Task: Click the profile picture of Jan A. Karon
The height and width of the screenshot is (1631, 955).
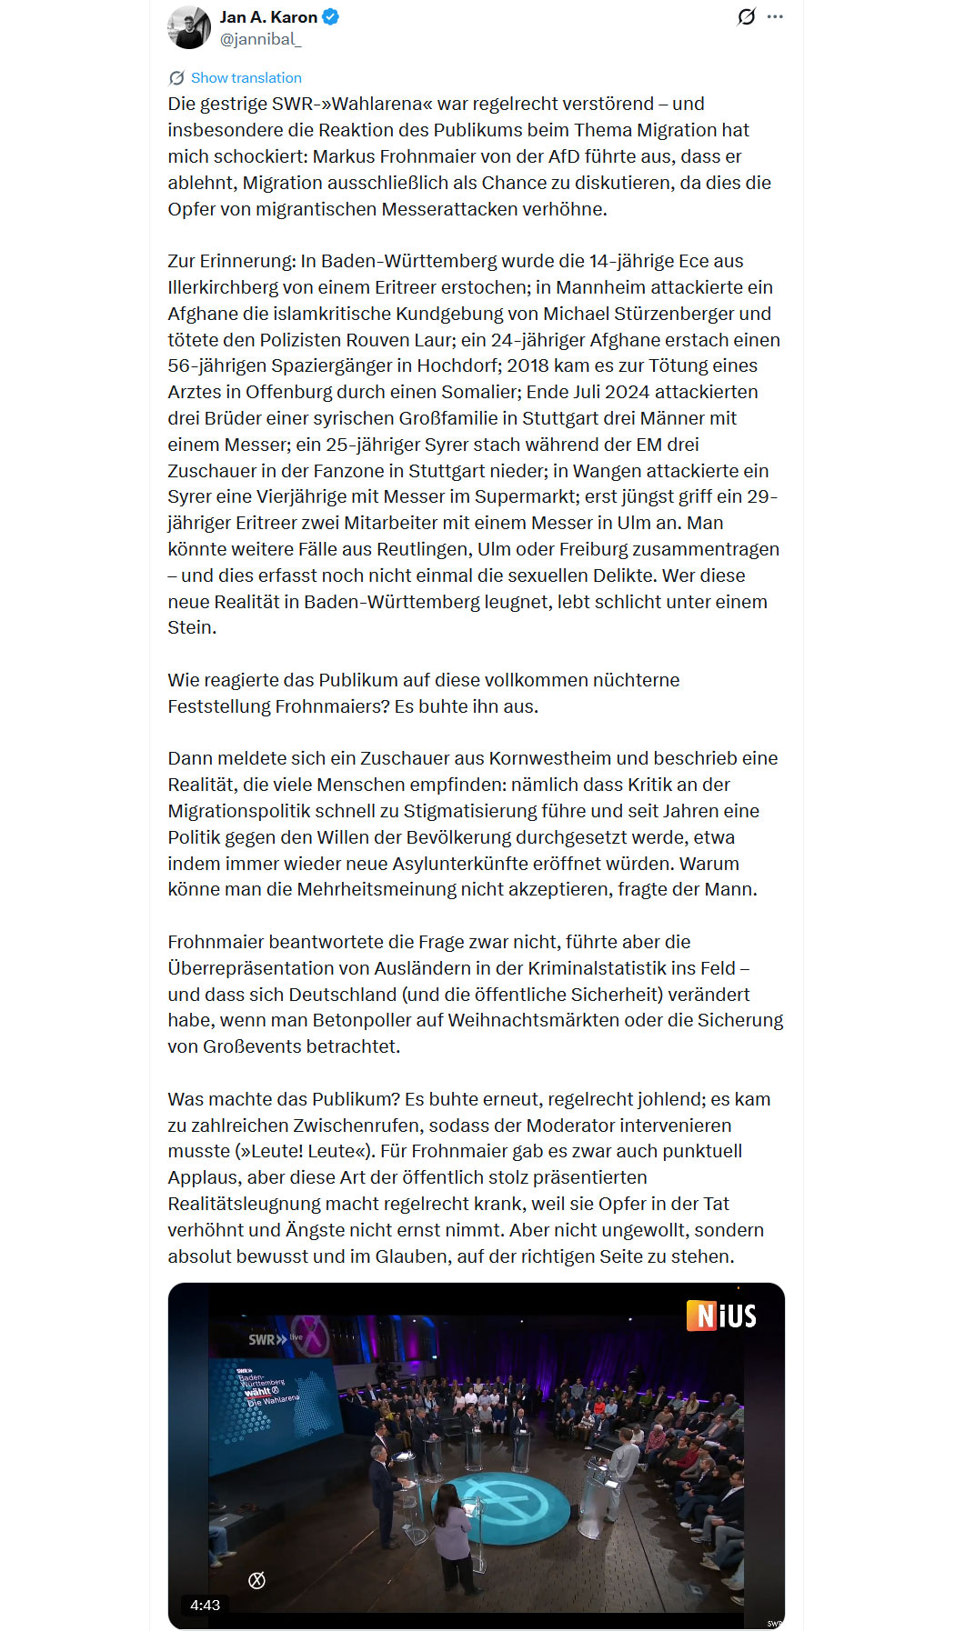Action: coord(189,27)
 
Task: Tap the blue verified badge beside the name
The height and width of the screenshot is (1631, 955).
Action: coord(331,17)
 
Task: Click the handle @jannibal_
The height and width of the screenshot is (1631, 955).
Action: coord(260,39)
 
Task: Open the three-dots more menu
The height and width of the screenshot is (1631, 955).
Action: coord(775,17)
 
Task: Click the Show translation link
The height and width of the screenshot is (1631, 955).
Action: coord(246,78)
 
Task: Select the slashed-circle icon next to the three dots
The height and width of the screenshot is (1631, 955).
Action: coord(746,17)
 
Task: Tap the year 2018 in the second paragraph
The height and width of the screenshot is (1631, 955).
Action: coord(528,365)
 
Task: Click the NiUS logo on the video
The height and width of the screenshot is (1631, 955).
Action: coord(722,1316)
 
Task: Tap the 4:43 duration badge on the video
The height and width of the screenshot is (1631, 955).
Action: coord(205,1605)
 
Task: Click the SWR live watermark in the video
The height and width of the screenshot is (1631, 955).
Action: coord(274,1339)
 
